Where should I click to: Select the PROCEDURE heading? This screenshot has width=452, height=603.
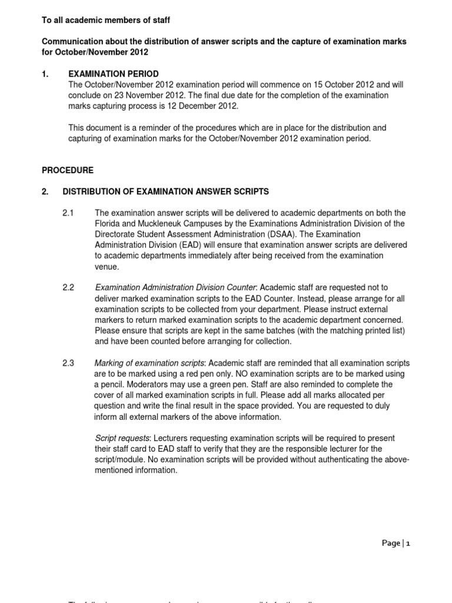(67, 170)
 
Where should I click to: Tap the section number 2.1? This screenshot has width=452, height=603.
(69, 213)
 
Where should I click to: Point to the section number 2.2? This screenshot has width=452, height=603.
(69, 287)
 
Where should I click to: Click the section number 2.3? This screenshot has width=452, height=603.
(69, 363)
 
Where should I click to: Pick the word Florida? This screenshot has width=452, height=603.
(107, 224)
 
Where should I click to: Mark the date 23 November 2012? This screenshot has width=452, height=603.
(138, 95)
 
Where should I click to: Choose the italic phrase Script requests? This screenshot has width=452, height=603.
(122, 438)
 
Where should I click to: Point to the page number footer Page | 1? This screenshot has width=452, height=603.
(395, 543)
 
